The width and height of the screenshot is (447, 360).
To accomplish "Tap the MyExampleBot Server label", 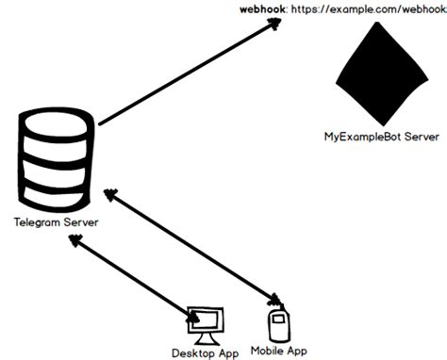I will (380, 138).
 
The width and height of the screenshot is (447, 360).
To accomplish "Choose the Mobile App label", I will (279, 350).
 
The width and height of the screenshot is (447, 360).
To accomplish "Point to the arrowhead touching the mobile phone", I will (273, 301).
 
